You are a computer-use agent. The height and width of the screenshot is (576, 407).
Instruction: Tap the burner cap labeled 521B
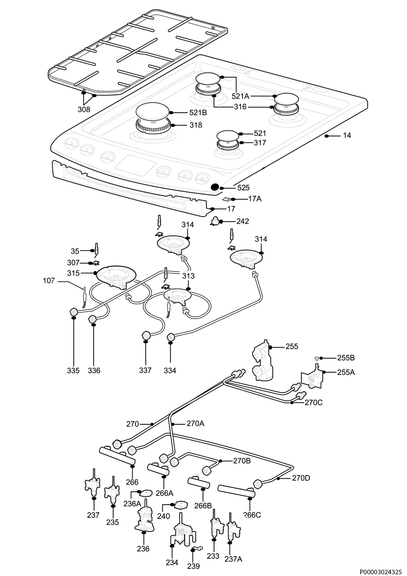pyautogui.click(x=152, y=111)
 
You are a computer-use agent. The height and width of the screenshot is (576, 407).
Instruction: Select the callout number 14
pyautogui.click(x=347, y=135)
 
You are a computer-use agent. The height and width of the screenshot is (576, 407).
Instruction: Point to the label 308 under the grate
pyautogui.click(x=84, y=109)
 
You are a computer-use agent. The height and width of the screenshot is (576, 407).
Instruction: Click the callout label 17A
pyautogui.click(x=255, y=199)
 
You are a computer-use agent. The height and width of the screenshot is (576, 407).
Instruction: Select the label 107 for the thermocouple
pyautogui.click(x=49, y=281)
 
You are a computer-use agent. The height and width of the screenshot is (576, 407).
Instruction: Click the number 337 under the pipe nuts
pyautogui.click(x=145, y=370)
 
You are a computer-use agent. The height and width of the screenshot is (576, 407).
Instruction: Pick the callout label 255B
pyautogui.click(x=346, y=358)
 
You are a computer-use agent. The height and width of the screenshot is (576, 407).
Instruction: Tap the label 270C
pyautogui.click(x=313, y=403)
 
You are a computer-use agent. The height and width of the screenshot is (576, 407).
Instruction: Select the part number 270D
pyautogui.click(x=301, y=478)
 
